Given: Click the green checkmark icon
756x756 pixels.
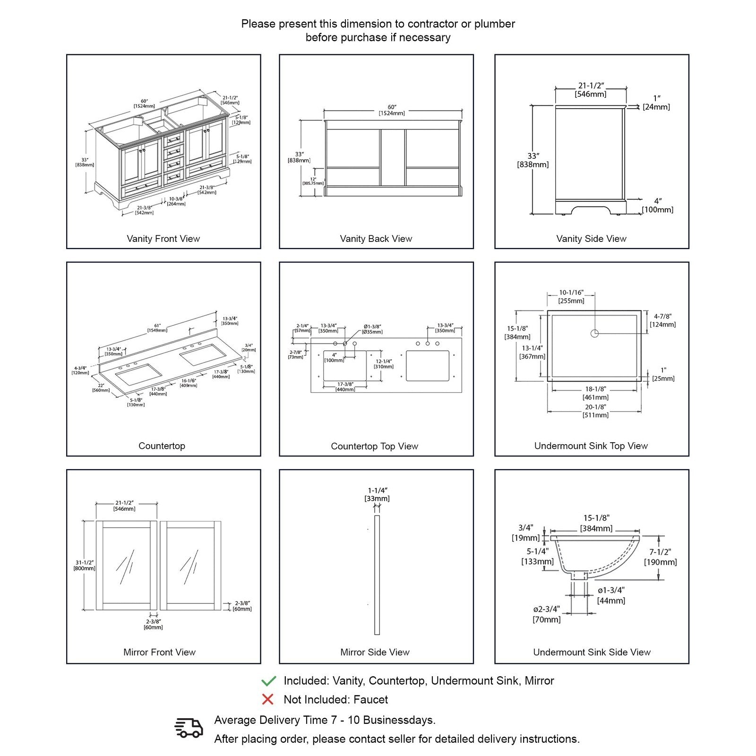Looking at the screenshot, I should pyautogui.click(x=268, y=681).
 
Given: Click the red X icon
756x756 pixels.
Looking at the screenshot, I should pyautogui.click(x=268, y=699).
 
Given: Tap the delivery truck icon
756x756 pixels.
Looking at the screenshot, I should pyautogui.click(x=189, y=728).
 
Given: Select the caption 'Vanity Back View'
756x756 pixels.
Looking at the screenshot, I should pyautogui.click(x=376, y=239).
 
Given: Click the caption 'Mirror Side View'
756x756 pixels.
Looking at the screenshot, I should pyautogui.click(x=375, y=652).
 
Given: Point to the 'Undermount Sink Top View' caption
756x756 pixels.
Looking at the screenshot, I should pyautogui.click(x=591, y=446).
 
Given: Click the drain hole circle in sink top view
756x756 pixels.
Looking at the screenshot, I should pyautogui.click(x=594, y=334).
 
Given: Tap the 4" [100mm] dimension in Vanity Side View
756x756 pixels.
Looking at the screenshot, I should pyautogui.click(x=657, y=206).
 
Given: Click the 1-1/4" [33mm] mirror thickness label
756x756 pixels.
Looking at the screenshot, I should pyautogui.click(x=377, y=495).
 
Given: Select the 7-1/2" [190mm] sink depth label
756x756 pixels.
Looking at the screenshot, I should pyautogui.click(x=660, y=557).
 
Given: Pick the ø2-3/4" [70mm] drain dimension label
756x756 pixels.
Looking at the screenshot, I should pyautogui.click(x=547, y=614).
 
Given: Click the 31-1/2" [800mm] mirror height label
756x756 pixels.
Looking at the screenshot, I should pyautogui.click(x=84, y=566).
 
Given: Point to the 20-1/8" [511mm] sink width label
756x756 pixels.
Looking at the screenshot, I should pyautogui.click(x=595, y=411).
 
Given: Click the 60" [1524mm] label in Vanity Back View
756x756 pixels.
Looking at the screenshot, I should pyautogui.click(x=392, y=110).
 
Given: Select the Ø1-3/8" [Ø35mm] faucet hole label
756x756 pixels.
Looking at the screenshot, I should pyautogui.click(x=372, y=329).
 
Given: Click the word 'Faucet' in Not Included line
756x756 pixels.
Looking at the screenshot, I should pyautogui.click(x=371, y=699).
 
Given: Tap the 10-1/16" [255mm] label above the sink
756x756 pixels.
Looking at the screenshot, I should pyautogui.click(x=571, y=297).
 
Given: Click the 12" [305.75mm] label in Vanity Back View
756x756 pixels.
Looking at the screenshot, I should pyautogui.click(x=313, y=181).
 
